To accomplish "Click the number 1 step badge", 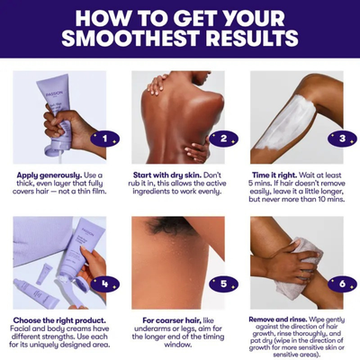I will pos(104,139).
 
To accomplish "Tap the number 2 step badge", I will pos(221,139).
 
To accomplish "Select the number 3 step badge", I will pos(340,139).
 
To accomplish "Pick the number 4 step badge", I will pos(104,283).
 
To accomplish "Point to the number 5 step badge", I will pos(221,283).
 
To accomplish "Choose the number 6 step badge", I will pos(340,283).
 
